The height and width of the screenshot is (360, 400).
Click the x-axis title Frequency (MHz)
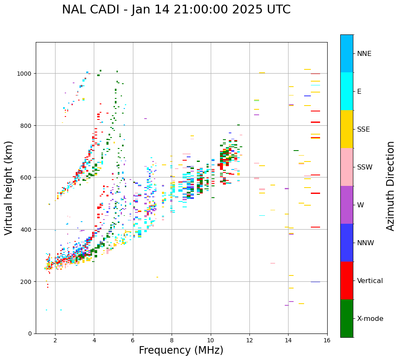click(181, 350)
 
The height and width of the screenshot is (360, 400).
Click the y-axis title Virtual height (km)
click(9, 188)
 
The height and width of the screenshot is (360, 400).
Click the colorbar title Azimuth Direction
click(391, 186)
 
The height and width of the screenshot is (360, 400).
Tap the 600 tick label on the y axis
click(27, 177)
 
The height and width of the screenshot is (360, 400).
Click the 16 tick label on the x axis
click(327, 341)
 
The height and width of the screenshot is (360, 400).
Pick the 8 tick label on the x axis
click(172, 341)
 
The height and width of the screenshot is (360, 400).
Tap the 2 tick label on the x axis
click(55, 341)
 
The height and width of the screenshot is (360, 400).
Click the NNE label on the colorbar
click(364, 54)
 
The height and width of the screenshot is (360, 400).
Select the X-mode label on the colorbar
click(370, 319)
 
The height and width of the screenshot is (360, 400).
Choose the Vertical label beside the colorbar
click(370, 281)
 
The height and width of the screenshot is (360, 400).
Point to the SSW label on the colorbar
click(365, 167)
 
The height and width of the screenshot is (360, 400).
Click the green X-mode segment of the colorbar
click(347, 318)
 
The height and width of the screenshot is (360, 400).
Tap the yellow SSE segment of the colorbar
click(347, 129)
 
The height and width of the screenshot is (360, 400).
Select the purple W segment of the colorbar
click(347, 205)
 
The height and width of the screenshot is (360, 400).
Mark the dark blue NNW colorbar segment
click(347, 243)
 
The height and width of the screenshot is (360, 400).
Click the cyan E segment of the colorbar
click(347, 91)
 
